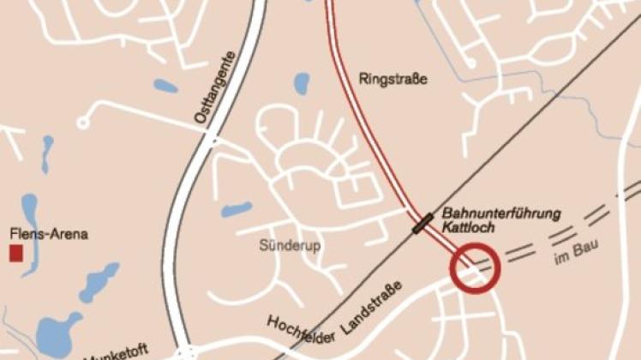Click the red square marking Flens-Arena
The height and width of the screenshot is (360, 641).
click(x=15, y=253)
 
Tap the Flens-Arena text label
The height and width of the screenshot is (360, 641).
click(x=49, y=234)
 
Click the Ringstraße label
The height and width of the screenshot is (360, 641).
click(x=392, y=80)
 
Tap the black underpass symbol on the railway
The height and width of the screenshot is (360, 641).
click(x=422, y=225)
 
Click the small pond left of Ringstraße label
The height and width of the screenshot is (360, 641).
click(x=301, y=83)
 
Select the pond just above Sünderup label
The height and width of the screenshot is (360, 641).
click(x=237, y=209)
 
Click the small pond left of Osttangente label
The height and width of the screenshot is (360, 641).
click(x=165, y=86)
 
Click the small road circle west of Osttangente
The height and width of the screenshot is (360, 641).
click(x=83, y=123)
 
